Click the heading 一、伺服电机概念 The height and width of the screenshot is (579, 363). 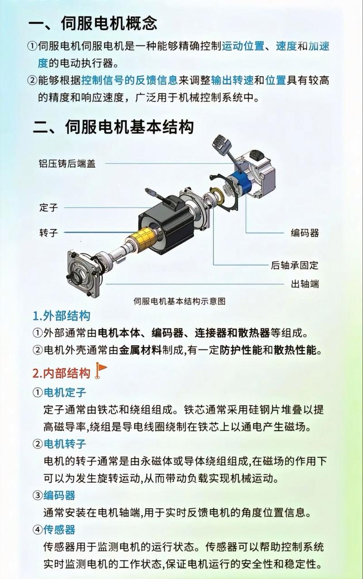(x=93, y=23)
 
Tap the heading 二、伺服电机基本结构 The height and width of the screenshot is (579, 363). (x=113, y=127)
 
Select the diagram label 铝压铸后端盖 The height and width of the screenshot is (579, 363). (x=67, y=164)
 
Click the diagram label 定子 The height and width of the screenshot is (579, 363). (x=49, y=207)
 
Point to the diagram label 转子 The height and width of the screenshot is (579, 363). (x=49, y=233)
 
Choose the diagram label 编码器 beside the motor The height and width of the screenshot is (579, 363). (x=305, y=233)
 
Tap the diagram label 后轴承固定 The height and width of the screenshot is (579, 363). (x=294, y=265)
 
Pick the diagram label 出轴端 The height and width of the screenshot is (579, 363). (x=305, y=284)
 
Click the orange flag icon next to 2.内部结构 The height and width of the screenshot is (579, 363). (x=101, y=370)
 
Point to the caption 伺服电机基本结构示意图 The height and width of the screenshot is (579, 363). (x=180, y=301)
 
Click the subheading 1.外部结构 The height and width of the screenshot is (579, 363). (x=61, y=316)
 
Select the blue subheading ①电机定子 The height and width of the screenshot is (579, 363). (x=59, y=392)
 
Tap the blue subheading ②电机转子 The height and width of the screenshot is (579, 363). (x=59, y=444)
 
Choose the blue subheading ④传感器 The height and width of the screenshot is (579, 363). (x=54, y=530)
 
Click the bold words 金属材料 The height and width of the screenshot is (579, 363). (x=140, y=350)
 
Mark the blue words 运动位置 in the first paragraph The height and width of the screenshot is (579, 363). (x=243, y=46)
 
